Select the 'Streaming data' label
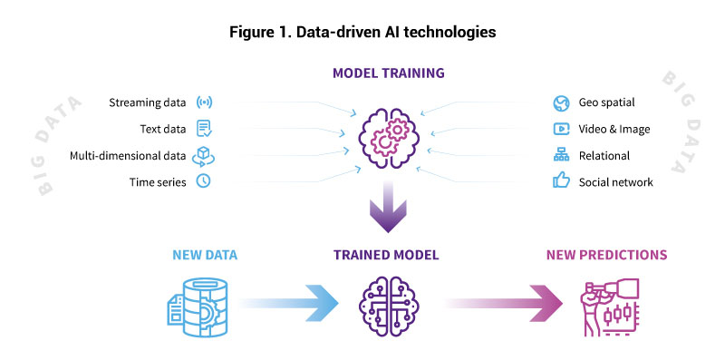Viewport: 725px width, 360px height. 148,102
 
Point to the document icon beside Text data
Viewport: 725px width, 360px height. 204,128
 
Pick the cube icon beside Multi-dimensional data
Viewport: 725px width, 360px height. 204,155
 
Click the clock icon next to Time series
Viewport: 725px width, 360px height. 204,181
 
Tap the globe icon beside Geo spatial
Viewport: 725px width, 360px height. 561,102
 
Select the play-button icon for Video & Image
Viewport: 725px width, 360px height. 561,129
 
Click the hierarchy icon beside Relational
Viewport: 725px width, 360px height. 561,155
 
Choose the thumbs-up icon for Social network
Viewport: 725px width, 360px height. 561,181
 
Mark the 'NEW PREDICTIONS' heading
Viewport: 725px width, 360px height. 605,255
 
